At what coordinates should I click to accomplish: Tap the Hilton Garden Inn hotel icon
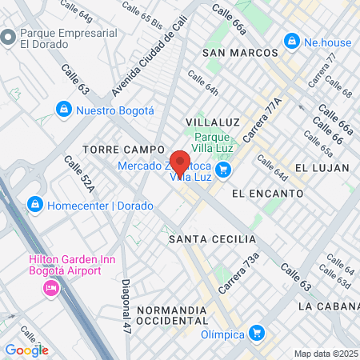point(51,287)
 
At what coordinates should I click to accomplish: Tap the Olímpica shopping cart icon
point(256,332)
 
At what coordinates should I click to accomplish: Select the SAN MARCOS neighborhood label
point(241,53)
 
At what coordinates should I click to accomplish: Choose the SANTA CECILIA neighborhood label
point(212,239)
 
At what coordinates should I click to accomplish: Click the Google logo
point(27,350)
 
